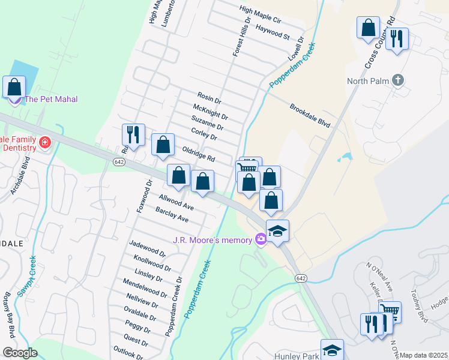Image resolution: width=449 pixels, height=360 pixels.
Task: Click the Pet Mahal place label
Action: [51, 99]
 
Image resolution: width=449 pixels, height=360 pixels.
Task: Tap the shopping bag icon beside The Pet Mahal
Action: [14, 87]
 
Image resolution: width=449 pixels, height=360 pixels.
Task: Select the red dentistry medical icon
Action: [44, 142]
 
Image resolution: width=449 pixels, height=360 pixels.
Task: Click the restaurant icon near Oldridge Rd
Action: [133, 134]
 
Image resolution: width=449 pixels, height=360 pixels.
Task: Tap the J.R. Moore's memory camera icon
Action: [261, 239]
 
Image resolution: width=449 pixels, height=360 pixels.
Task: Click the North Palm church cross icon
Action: [397, 80]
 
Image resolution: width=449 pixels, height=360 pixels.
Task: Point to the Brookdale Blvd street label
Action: [310, 115]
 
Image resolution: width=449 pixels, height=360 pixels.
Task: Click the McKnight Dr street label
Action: [210, 112]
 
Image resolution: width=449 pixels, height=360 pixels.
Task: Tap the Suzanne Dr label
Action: [208, 123]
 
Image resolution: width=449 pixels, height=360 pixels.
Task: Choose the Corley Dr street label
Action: [203, 134]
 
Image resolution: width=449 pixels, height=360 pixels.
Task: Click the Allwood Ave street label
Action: [176, 202]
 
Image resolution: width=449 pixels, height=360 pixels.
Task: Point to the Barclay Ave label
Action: [172, 215]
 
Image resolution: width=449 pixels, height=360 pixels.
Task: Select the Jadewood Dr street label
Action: [147, 248]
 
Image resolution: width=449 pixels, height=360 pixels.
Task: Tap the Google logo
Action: [20, 353]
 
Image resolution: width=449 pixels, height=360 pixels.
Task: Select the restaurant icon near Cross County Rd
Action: [397, 40]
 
